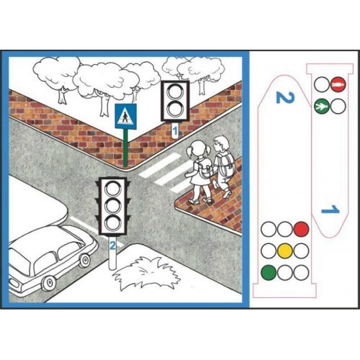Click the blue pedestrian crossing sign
(126, 117)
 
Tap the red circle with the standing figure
(338, 84)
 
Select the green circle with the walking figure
(322, 107)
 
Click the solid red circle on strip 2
(301, 229)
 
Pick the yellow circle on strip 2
(285, 251)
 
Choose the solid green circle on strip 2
(269, 272)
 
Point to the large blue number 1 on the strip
(330, 210)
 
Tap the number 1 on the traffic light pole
(175, 131)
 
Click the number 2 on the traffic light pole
(112, 246)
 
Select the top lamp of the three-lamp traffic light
(113, 189)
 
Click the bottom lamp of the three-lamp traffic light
(113, 222)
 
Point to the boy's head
(221, 143)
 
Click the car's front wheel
(85, 261)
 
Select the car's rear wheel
(49, 283)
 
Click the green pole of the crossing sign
(125, 148)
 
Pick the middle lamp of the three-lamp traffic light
(113, 205)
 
